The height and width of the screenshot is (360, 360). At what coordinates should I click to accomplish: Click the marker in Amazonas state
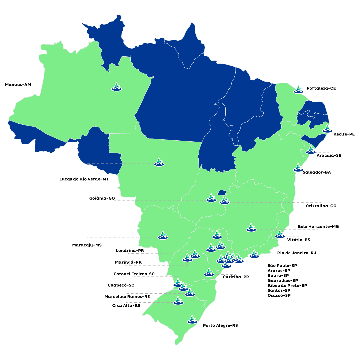[x=116, y=87]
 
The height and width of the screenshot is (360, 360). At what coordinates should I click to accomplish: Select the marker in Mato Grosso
[x=159, y=162]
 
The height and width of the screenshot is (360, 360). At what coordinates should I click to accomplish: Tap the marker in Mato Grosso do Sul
[x=163, y=236]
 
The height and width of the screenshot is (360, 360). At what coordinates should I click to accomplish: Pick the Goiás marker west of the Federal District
[x=211, y=198]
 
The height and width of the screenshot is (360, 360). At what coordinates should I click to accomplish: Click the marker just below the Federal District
[x=224, y=200]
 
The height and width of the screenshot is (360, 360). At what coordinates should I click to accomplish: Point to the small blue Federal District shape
[x=222, y=193]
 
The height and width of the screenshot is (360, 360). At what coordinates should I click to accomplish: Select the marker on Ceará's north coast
[x=298, y=89]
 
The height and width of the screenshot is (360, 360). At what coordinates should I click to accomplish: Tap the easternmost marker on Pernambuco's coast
[x=327, y=129]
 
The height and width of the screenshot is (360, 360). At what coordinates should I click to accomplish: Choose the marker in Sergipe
[x=311, y=150]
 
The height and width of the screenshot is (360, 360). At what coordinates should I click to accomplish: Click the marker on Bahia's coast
[x=298, y=168]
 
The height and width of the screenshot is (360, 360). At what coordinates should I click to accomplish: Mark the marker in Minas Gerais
[x=251, y=228]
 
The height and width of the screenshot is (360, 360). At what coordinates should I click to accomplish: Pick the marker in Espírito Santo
[x=280, y=234]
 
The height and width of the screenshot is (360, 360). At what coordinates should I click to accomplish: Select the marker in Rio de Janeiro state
[x=254, y=254]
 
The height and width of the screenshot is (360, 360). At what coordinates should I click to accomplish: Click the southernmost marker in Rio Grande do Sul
[x=192, y=320]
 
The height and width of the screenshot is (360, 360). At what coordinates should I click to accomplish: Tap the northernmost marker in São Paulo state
[x=217, y=235]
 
